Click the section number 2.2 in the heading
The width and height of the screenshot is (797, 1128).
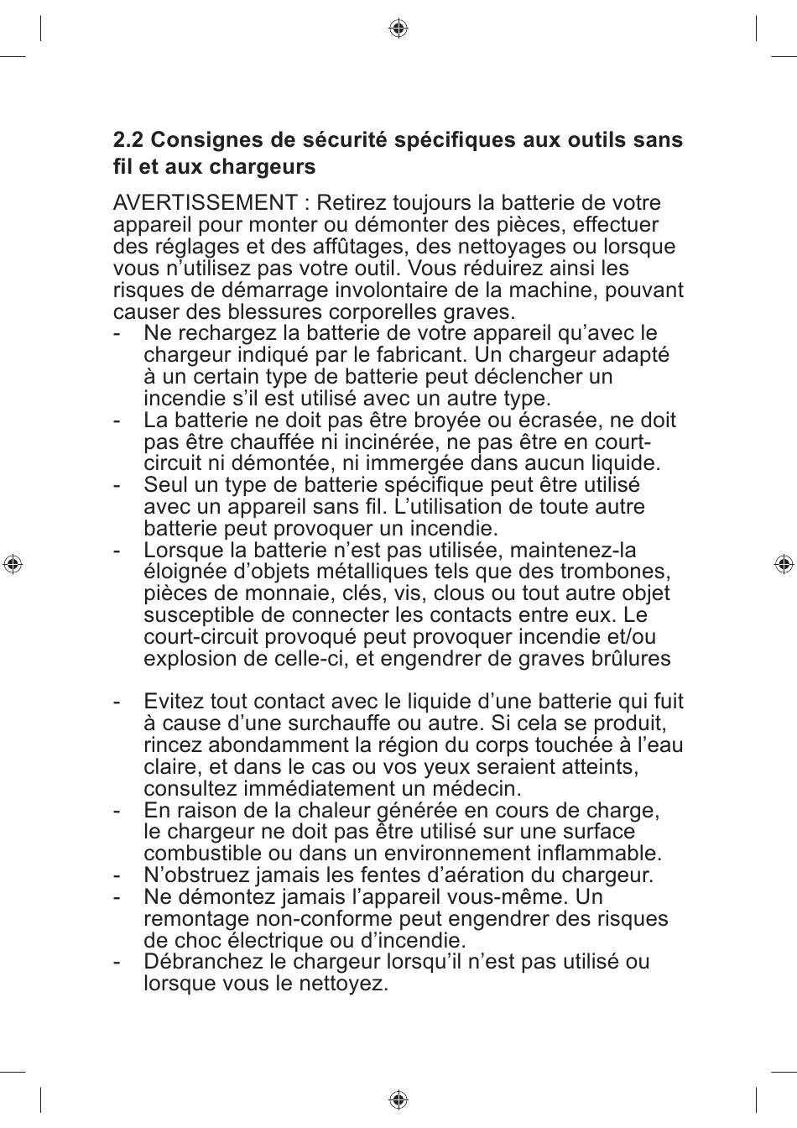point(128,140)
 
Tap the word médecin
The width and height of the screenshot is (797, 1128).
point(477,789)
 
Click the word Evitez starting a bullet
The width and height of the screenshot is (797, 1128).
point(174,702)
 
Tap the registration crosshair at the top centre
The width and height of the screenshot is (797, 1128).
point(398,29)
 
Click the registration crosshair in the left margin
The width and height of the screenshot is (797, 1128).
point(13,564)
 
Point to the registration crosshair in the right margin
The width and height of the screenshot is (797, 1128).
point(784,564)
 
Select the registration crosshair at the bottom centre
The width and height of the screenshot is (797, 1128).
point(398,1099)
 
